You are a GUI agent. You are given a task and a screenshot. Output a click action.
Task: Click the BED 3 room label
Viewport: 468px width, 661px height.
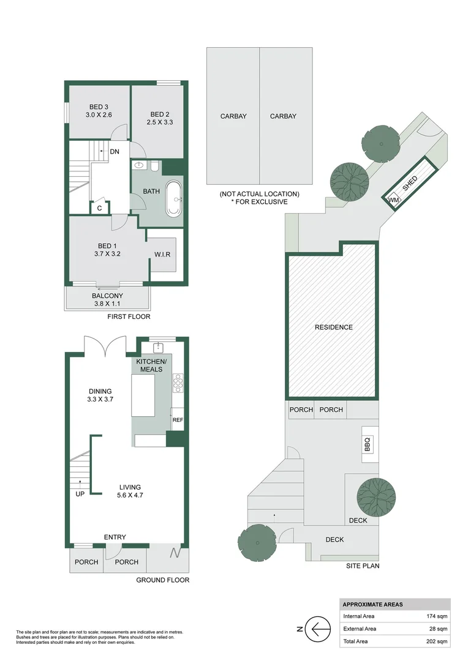coord(98,110)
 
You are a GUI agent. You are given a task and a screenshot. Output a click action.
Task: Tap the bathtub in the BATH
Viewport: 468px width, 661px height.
coord(174,198)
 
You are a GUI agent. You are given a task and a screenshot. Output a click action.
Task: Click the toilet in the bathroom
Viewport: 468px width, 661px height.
coord(155,165)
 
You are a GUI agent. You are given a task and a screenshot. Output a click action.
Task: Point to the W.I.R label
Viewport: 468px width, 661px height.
coord(163,254)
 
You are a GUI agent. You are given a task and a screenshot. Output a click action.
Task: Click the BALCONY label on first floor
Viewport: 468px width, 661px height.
coord(107,300)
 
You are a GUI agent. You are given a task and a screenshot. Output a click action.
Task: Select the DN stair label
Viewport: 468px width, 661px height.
coord(114,151)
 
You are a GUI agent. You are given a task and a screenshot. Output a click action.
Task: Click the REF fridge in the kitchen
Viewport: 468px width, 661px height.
coord(178,420)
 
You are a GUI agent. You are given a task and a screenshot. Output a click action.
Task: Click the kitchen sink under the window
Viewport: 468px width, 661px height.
coord(160,348)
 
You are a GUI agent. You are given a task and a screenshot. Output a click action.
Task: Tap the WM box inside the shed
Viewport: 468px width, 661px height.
coord(392,199)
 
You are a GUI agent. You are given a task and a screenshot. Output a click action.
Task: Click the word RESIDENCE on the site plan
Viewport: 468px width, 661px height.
coord(334,327)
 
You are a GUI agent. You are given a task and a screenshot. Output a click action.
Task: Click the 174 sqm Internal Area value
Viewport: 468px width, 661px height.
coord(437,616)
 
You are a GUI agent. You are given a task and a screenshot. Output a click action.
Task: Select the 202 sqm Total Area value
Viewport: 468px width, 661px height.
coord(437,641)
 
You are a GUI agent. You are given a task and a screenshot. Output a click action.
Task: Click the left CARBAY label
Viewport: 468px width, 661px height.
coord(233,116)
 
